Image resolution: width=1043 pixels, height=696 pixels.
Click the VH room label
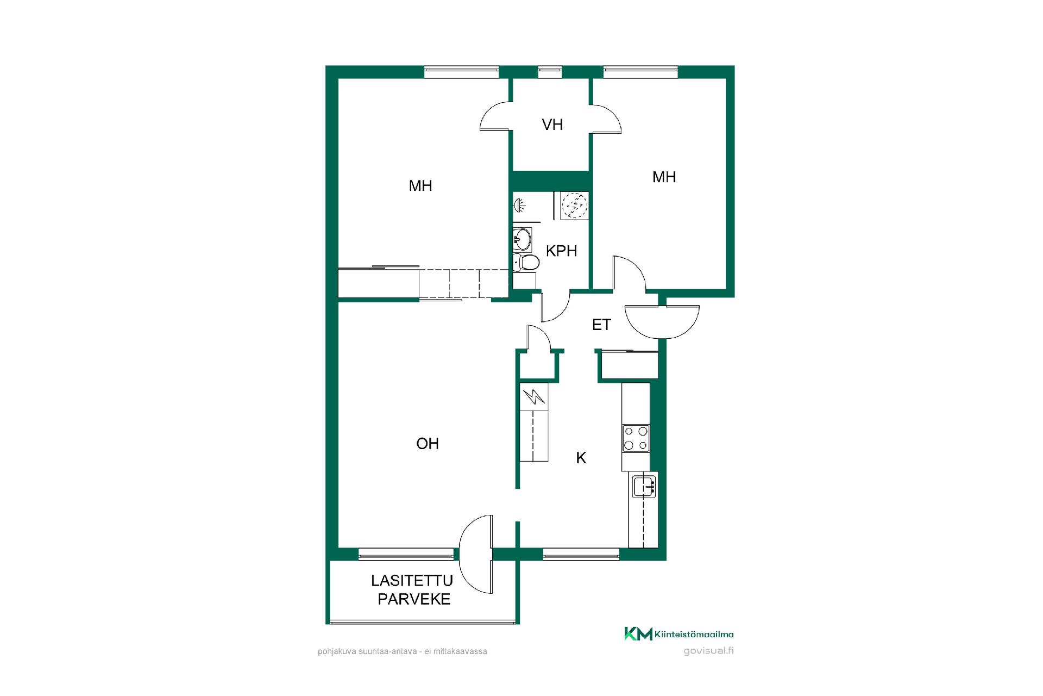point(552,125)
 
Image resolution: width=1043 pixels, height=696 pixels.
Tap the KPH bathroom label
point(561,251)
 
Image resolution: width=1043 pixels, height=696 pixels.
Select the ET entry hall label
point(601,325)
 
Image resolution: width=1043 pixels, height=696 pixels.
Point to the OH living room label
point(428,444)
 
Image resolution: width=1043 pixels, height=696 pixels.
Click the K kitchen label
point(581,458)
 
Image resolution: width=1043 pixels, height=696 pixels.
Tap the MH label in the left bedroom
point(420,186)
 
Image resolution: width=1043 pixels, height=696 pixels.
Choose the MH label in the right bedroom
point(664,177)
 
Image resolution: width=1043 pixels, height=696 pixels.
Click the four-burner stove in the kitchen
point(636,438)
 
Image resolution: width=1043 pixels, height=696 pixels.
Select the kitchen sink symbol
point(644,486)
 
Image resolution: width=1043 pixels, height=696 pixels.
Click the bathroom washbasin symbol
point(523,239)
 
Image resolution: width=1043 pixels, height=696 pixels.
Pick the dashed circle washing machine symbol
point(574,206)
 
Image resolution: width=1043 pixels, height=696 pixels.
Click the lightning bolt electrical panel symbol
point(534,397)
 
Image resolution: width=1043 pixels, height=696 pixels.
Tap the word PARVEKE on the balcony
point(414,599)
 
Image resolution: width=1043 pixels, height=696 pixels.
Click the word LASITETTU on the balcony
point(412,581)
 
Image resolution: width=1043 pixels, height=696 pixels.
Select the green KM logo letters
point(638,633)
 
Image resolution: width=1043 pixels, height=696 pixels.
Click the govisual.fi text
point(708,651)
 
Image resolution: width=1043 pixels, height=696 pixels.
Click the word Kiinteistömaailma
point(695,634)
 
